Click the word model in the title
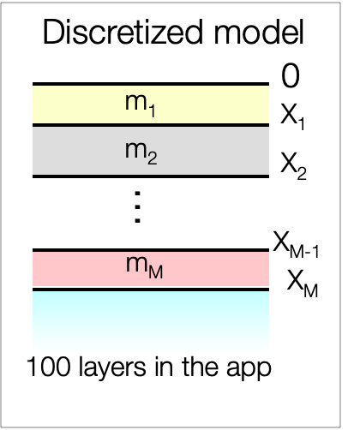point(259,32)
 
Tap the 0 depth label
point(291,75)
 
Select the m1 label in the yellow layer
point(141,105)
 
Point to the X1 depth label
point(292,116)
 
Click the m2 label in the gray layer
point(141,153)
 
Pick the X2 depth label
point(293,166)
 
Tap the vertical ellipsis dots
point(137,207)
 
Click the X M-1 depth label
point(296,245)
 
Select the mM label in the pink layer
point(145,267)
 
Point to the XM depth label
point(303,284)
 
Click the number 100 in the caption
point(48,367)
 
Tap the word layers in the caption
point(112,368)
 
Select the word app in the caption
point(249,370)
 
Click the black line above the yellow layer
point(151,84)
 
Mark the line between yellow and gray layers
point(151,125)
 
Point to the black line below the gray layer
point(151,176)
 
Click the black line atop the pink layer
point(151,250)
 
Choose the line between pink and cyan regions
point(151,290)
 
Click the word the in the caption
point(201,367)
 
